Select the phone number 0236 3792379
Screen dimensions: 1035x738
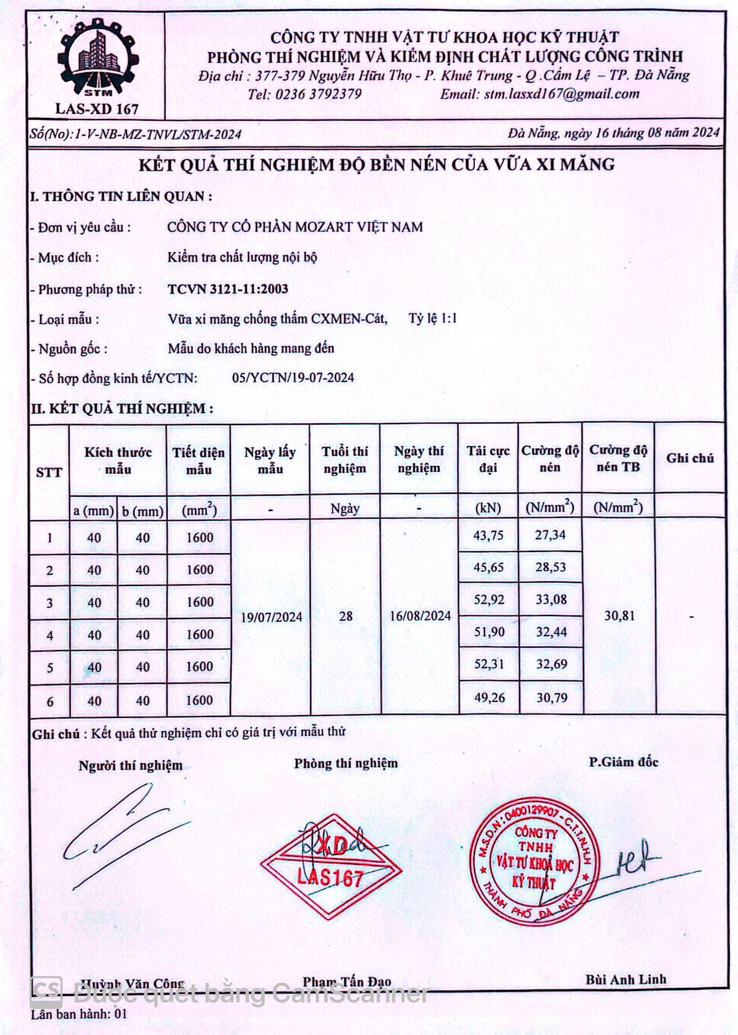click(x=318, y=94)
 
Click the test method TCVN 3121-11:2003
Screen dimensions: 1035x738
click(x=228, y=289)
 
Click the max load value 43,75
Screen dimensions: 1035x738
click(x=488, y=536)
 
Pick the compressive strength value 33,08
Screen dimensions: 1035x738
click(x=551, y=600)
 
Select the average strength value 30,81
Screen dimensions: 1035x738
click(x=619, y=616)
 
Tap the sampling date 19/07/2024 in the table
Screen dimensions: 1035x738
click(x=271, y=617)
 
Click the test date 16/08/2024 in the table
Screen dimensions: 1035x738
click(x=420, y=616)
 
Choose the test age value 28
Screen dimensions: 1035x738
click(x=345, y=616)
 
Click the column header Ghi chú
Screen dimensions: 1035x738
click(x=690, y=458)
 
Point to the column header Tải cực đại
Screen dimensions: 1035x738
click(x=488, y=459)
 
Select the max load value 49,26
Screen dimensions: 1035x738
click(x=489, y=698)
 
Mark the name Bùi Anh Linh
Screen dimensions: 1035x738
click(x=626, y=979)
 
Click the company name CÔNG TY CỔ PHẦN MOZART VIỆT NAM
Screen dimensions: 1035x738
click(x=295, y=227)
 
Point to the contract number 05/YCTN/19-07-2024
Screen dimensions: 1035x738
click(x=293, y=378)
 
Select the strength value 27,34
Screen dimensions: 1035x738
click(x=550, y=535)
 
